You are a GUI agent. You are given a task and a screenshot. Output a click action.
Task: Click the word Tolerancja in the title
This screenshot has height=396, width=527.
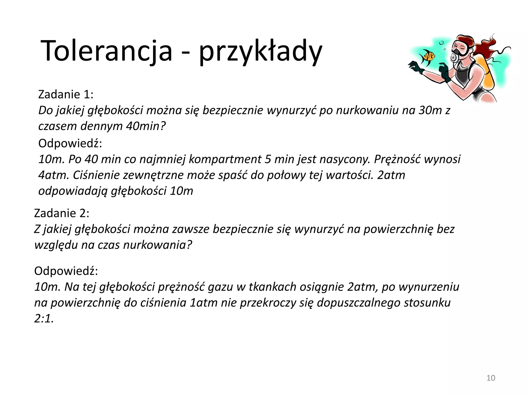coord(106,51)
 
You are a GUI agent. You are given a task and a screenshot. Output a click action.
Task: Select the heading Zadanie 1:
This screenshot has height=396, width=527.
coord(66,94)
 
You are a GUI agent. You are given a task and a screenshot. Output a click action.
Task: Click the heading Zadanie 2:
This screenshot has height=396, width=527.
coord(62,213)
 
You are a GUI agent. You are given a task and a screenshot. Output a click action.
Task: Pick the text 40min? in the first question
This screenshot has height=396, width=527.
coord(146,126)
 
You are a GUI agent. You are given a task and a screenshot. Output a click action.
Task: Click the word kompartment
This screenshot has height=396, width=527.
coord(225,159)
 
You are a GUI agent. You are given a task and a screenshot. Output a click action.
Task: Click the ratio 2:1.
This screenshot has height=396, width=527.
coord(44,319)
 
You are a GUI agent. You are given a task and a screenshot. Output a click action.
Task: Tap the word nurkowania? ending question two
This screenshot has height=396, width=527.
coord(158,245)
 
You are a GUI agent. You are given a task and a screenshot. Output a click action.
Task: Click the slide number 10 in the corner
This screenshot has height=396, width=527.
coord(491,378)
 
